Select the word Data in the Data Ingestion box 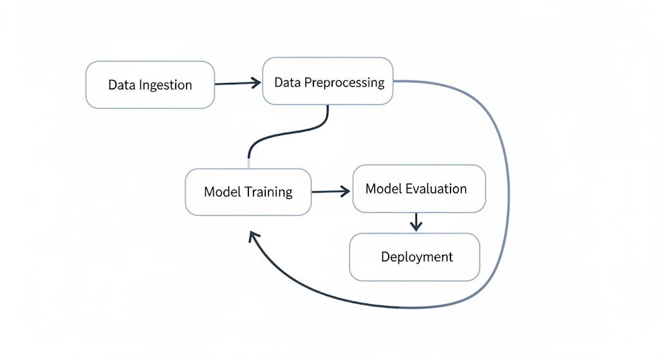coord(120,85)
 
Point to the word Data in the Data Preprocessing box coord(287,82)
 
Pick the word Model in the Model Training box coord(222,192)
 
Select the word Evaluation coord(436,189)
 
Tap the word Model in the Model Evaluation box coord(384,189)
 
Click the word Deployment coord(417,257)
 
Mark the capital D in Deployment coord(385,257)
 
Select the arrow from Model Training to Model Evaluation coord(329,191)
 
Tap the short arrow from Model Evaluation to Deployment coord(416,222)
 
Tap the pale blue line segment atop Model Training coord(248,162)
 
